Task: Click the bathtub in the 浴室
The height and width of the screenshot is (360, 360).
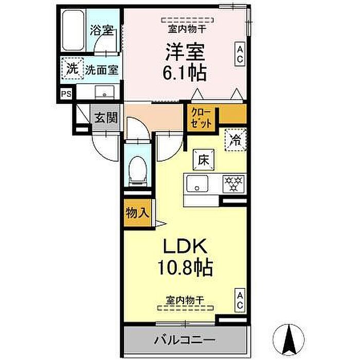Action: (73, 30)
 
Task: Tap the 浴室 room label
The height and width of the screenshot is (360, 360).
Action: (101, 30)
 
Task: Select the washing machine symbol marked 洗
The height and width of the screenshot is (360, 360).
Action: (73, 68)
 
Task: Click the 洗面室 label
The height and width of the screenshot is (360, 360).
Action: (101, 70)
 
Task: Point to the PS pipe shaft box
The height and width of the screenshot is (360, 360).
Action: (66, 94)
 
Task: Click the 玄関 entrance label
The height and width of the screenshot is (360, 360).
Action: (106, 118)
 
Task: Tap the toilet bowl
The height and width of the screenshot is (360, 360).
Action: (137, 168)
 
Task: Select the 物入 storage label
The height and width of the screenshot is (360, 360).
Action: (137, 213)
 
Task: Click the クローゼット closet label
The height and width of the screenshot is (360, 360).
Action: (201, 118)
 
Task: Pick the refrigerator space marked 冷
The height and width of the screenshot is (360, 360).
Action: (236, 140)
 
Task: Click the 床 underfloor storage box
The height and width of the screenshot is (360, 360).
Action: (204, 160)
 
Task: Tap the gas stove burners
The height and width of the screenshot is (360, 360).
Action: (233, 184)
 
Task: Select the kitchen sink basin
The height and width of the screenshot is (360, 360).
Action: (197, 184)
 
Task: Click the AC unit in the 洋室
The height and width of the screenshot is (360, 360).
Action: (240, 54)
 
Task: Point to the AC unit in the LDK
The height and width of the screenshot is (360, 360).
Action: (240, 300)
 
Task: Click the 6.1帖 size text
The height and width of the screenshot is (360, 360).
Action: (185, 73)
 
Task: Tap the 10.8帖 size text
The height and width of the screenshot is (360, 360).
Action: (185, 267)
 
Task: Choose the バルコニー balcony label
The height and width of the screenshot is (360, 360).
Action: (185, 340)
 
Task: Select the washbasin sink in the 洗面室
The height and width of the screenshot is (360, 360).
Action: (105, 92)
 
